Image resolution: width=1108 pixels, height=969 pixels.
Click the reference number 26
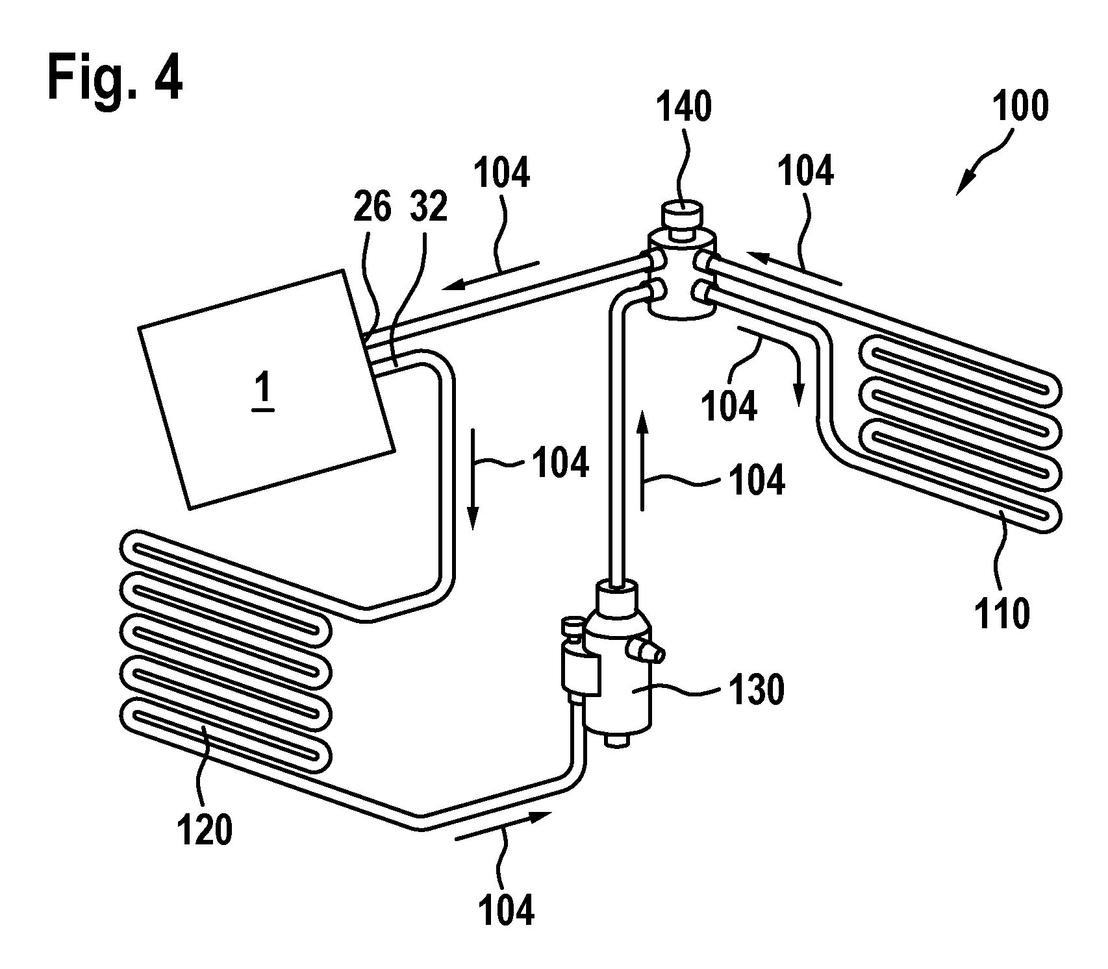[x=372, y=208]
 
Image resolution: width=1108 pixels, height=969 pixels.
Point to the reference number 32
[x=429, y=208]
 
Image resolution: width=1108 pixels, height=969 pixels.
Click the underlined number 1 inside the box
[x=264, y=391]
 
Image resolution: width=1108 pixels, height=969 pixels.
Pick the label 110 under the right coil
[x=1002, y=613]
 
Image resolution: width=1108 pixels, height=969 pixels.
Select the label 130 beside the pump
[x=757, y=690]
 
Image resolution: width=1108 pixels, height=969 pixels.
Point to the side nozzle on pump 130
[x=649, y=652]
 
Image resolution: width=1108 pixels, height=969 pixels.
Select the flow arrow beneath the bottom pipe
[x=504, y=826]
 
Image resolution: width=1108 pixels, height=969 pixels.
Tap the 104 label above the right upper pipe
[x=805, y=171]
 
